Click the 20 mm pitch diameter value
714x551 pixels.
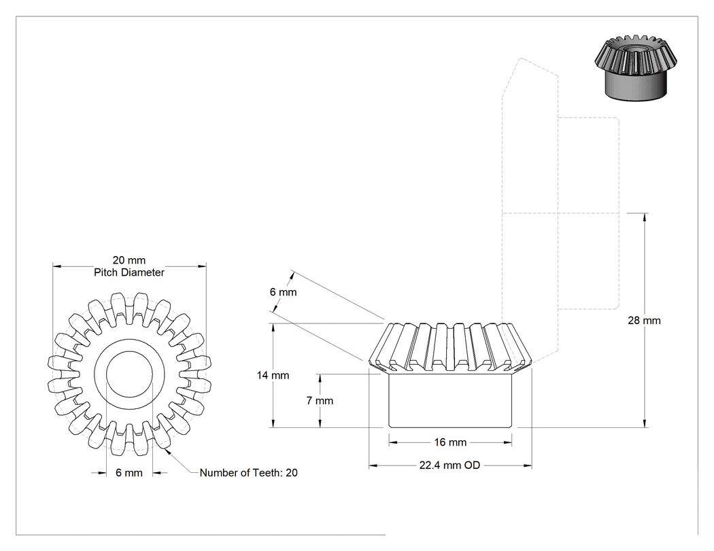coord(129,260)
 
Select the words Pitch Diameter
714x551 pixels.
coord(129,272)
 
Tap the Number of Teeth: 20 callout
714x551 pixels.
coord(249,473)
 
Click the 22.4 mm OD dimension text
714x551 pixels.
coord(449,465)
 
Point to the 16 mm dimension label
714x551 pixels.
coord(450,442)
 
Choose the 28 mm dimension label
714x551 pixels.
coord(644,320)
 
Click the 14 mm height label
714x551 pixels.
coord(273,375)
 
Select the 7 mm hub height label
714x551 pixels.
coord(320,401)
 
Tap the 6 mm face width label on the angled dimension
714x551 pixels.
coord(283,292)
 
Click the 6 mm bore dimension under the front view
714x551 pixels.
coord(129,473)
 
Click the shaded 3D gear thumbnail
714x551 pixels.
coord(636,67)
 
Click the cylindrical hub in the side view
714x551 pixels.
coord(450,400)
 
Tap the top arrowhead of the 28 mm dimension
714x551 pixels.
coord(645,217)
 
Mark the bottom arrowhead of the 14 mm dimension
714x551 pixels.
coord(273,423)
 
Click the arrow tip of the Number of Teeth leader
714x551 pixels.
coord(166,450)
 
